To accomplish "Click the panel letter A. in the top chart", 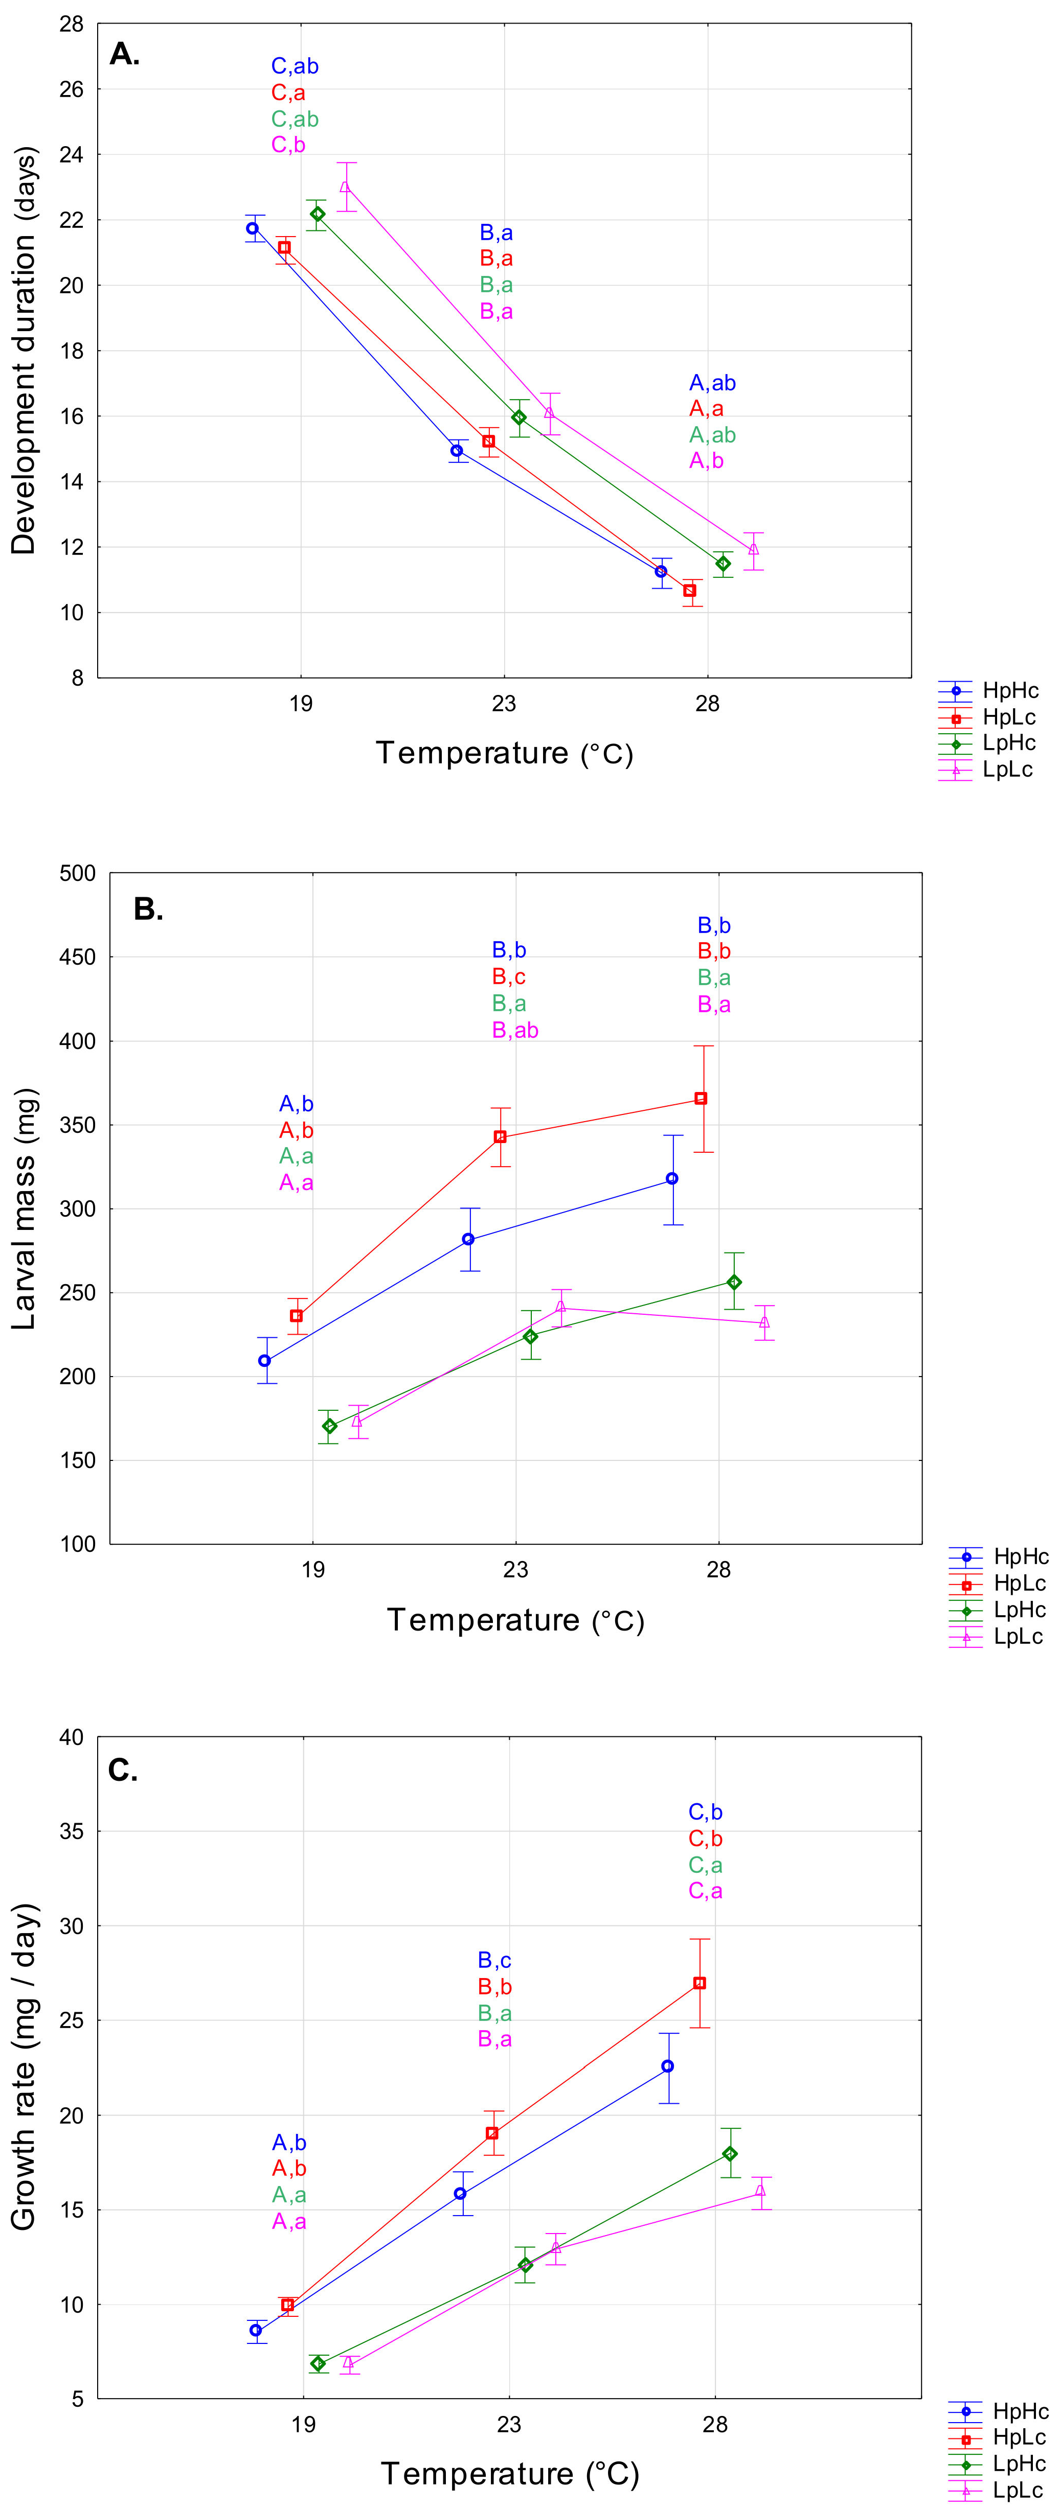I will tap(124, 54).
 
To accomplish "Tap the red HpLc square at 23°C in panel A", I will tap(488, 441).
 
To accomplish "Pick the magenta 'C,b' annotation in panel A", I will tap(288, 145).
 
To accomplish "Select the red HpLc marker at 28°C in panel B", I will tap(700, 1099).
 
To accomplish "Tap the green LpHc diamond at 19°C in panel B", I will tap(330, 1426).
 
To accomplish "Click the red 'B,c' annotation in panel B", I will tap(508, 976).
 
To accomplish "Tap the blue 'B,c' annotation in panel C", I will tap(494, 1960).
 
